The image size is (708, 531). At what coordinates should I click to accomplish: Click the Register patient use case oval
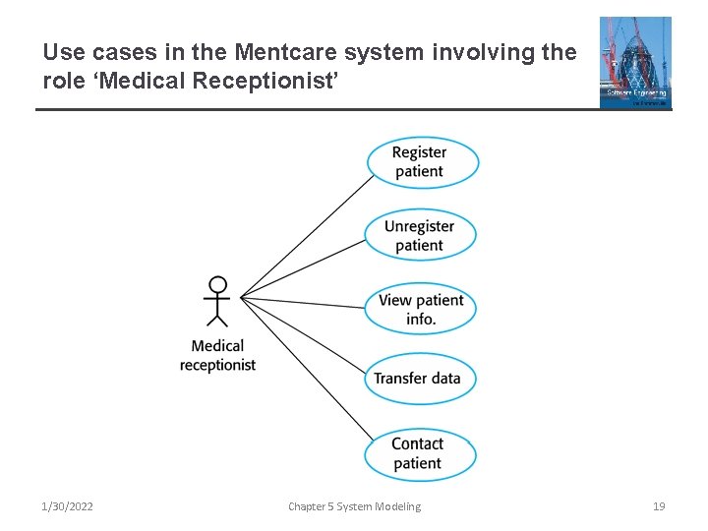pos(422,162)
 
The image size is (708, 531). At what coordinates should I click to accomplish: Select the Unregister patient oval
pos(420,236)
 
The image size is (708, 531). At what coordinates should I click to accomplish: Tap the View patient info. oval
pos(421,310)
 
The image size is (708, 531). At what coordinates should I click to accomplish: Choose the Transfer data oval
pos(418,379)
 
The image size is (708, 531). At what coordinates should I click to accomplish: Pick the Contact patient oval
pos(419,453)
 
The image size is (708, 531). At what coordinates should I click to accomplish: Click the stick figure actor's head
pos(217,285)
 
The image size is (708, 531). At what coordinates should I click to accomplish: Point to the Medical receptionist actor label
pos(217,355)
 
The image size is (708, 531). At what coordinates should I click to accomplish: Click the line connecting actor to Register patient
pos(305,237)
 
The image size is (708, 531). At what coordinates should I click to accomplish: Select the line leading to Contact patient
pos(305,368)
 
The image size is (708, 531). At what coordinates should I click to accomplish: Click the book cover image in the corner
pos(635,62)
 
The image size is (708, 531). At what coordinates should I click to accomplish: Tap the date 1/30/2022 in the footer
pos(68,506)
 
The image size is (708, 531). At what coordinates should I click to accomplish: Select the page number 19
pos(659,506)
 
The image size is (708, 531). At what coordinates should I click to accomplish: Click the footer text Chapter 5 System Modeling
pos(354,506)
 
